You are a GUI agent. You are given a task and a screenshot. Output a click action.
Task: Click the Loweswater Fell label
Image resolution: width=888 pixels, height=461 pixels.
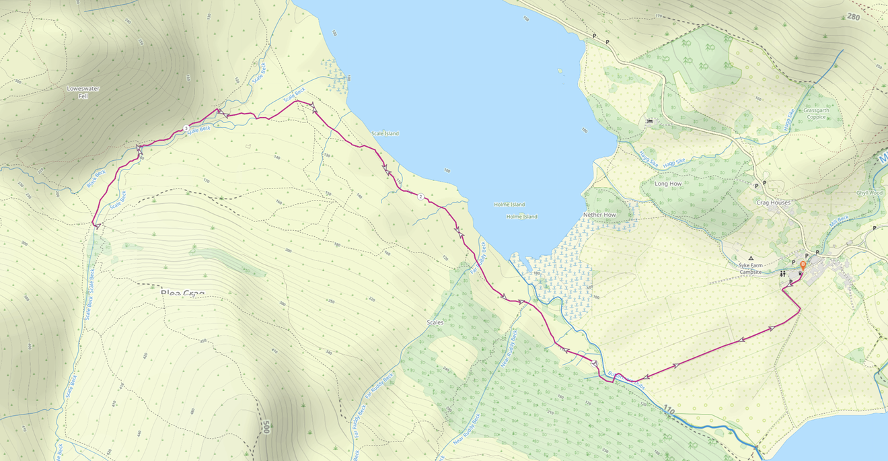(x=78, y=92)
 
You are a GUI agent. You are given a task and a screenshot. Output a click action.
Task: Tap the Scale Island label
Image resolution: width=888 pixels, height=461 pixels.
(x=384, y=133)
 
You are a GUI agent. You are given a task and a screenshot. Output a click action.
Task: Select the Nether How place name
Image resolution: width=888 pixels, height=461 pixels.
(x=599, y=215)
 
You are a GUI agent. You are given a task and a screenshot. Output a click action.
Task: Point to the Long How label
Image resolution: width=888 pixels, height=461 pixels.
(x=668, y=183)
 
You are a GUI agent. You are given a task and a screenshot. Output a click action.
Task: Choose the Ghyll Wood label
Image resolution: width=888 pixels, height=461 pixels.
(x=869, y=192)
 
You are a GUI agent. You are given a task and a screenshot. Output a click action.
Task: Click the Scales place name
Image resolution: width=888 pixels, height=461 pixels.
(x=435, y=322)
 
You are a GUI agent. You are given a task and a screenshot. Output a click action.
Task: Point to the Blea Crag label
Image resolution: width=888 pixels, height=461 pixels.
(x=182, y=293)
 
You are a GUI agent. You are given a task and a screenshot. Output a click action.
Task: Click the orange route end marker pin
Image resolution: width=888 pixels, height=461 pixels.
(x=803, y=266)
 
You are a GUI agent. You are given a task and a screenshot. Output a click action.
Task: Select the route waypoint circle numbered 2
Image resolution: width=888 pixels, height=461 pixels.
(x=420, y=197)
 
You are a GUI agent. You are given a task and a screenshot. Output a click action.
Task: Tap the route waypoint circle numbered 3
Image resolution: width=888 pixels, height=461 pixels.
(x=186, y=129)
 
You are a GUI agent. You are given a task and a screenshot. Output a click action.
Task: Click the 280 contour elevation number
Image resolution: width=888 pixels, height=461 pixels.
(x=854, y=17)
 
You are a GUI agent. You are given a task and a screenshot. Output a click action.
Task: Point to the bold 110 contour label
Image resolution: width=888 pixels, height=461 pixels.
(x=667, y=410)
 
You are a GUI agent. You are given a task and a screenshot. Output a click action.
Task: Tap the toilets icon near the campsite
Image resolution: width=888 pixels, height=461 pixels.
(x=782, y=274)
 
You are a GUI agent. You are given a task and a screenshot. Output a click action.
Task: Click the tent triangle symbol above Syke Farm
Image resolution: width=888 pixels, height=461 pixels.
(x=751, y=258)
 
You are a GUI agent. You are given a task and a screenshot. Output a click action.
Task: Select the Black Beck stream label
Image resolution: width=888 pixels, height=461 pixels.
(x=96, y=178)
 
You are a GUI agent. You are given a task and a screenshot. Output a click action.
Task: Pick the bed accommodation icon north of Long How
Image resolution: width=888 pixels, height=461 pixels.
(x=649, y=121)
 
